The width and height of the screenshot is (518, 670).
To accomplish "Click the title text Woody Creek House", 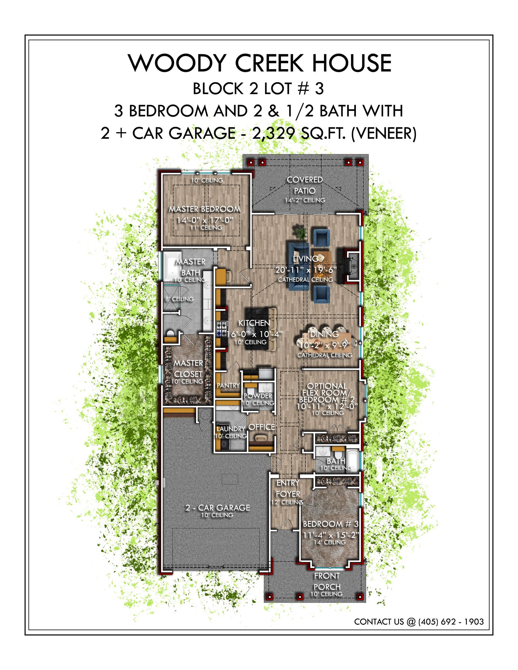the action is [260, 63].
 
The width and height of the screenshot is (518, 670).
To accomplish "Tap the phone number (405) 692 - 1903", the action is [451, 621].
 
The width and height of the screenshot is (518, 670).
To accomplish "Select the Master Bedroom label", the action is [205, 209].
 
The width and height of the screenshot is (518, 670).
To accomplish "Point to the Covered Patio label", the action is [305, 185].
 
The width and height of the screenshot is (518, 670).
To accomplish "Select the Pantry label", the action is [228, 385].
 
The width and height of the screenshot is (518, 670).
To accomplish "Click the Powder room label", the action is [258, 396].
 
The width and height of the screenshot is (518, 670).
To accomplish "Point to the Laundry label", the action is [231, 429].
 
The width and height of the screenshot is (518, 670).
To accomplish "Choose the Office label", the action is [262, 427].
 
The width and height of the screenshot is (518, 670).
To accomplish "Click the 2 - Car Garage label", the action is [217, 508].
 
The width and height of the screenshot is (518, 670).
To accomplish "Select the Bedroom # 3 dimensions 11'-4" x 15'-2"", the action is [331, 535].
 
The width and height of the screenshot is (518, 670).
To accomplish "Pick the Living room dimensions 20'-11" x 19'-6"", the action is [306, 270].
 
